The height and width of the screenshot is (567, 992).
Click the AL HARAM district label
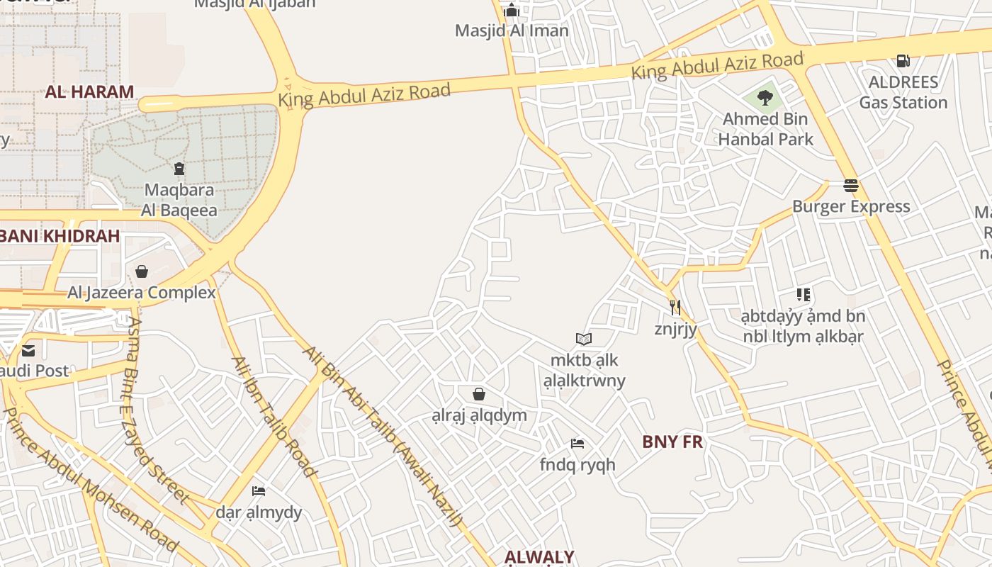(x=89, y=91)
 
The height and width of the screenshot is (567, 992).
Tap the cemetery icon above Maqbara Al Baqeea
(x=179, y=169)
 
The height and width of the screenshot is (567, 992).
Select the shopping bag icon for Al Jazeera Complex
(x=142, y=271)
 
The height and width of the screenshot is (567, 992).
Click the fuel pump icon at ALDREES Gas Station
(x=903, y=61)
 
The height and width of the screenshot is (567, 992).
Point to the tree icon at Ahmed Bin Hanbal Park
(x=765, y=97)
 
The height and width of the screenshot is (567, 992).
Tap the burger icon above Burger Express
(x=851, y=186)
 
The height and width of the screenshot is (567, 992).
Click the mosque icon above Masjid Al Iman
(x=511, y=10)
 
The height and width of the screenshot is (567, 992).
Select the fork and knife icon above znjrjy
(x=675, y=307)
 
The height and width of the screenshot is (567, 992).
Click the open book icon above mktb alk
(x=584, y=339)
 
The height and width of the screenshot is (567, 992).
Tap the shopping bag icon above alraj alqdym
(x=479, y=393)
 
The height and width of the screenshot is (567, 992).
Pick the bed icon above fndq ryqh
(x=577, y=444)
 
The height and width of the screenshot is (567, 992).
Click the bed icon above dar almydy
(x=259, y=490)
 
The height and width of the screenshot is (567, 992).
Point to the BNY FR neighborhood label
(x=672, y=442)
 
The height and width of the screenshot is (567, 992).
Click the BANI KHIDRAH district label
(x=60, y=236)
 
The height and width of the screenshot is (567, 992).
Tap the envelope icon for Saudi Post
(x=28, y=350)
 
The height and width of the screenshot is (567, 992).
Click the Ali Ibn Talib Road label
(x=274, y=416)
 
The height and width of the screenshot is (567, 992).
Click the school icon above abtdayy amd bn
(x=803, y=294)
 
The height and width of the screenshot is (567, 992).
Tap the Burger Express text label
(x=850, y=206)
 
